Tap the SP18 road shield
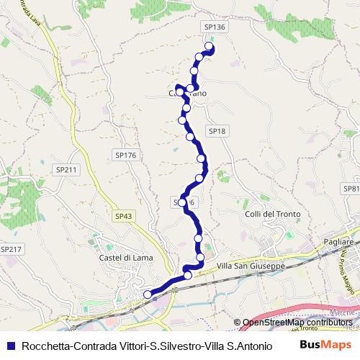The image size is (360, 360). (217, 131)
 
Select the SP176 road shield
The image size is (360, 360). (125, 155)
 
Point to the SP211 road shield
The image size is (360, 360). (66, 170)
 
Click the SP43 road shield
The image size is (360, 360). (123, 215)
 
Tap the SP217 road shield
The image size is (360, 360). (12, 248)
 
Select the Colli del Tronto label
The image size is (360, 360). (271, 214)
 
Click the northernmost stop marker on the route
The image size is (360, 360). (210, 47)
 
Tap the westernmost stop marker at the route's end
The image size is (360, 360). (148, 294)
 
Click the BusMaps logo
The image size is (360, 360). (325, 345)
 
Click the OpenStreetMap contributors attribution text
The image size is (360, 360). (297, 322)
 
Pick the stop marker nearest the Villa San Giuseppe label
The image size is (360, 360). (200, 257)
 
